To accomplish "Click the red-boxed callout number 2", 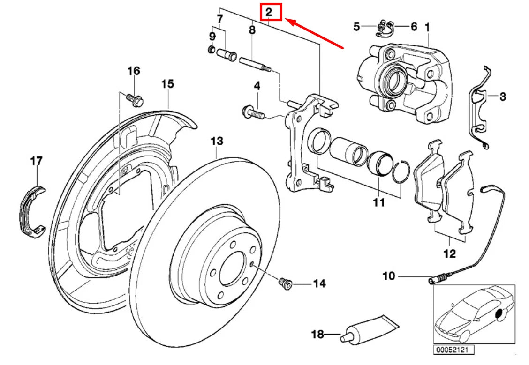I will (x=271, y=12).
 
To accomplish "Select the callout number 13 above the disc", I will (x=217, y=141).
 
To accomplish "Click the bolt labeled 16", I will (x=136, y=99).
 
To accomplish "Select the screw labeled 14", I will (x=284, y=283).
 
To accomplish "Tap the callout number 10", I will (x=389, y=276).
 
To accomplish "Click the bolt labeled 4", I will (x=252, y=112).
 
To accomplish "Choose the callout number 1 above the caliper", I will (x=427, y=27).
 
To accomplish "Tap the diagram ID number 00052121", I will (x=453, y=349).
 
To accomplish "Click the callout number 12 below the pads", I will (x=449, y=254).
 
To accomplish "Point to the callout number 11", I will (x=378, y=202).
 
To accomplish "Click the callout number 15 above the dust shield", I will (x=167, y=84).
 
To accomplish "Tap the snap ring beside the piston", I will (x=401, y=172).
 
